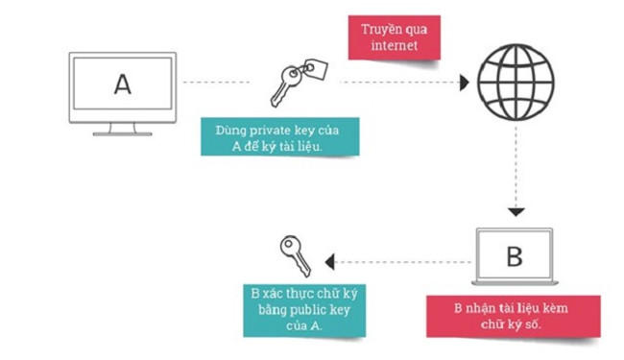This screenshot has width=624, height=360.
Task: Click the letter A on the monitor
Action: click(122, 84)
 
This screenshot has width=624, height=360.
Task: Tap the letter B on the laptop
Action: click(514, 256)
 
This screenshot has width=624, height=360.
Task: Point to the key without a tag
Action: click(292, 253)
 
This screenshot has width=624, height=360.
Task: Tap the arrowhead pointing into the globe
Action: click(465, 83)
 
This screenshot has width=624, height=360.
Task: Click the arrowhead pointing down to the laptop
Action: click(516, 210)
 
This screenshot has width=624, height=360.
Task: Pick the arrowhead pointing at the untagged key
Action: click(330, 259)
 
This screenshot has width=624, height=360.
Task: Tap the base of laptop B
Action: click(514, 284)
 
